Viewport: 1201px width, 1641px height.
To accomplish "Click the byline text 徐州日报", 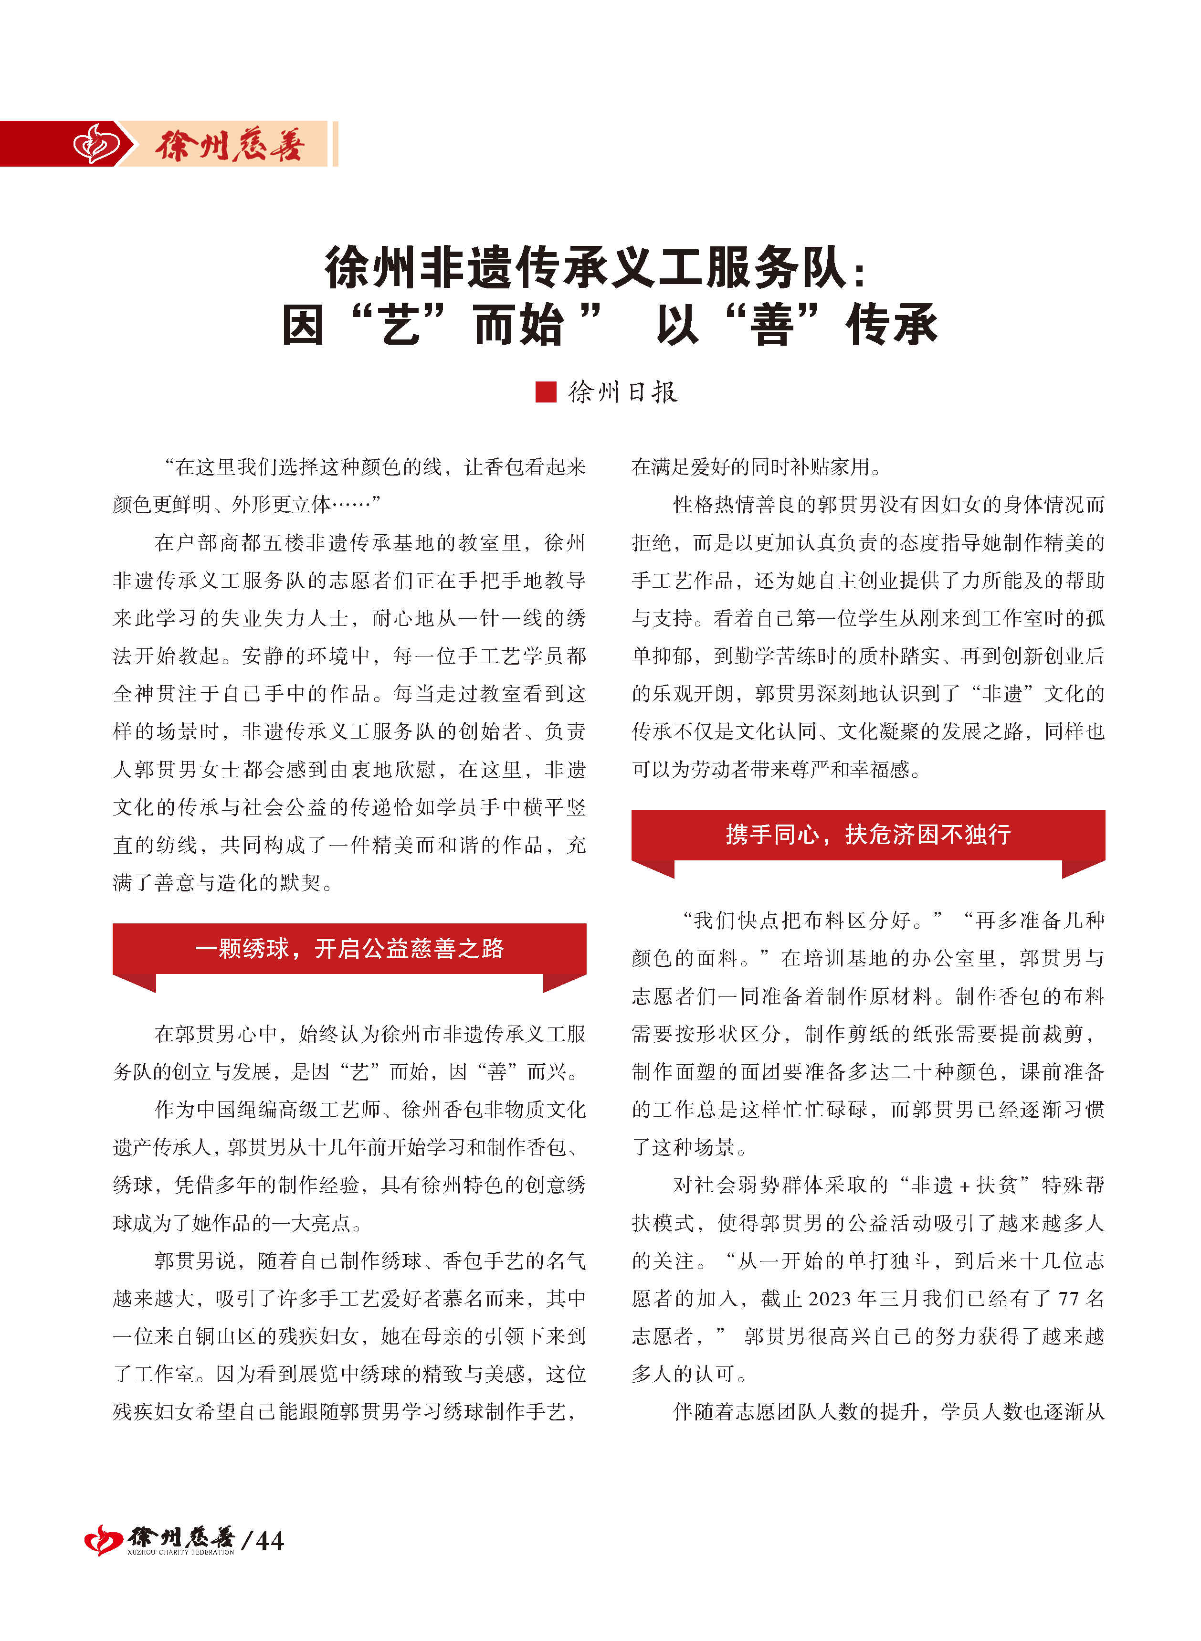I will [622, 392].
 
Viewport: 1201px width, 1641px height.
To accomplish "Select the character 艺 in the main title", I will [400, 324].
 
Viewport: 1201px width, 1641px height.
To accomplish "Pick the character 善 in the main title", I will [773, 324].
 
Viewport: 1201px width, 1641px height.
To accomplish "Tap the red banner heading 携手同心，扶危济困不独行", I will [868, 834].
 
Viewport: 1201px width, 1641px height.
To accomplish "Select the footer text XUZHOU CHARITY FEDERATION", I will [180, 1552].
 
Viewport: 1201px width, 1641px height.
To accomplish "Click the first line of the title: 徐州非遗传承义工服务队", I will [586, 267].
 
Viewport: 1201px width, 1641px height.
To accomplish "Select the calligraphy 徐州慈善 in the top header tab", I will [229, 145].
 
